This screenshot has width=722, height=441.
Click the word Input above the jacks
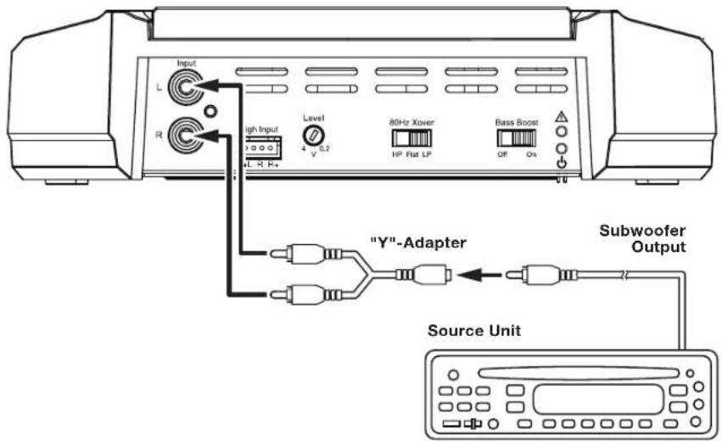pos(184,64)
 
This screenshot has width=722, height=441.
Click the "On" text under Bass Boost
pos(531,156)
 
